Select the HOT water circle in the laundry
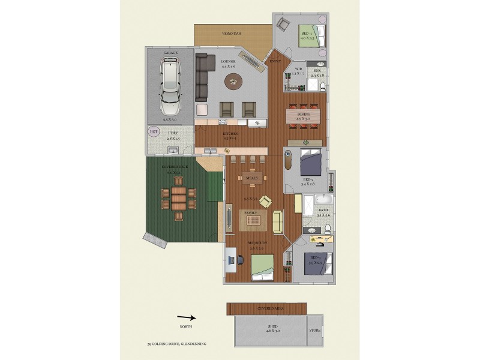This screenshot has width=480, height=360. pos(153,131)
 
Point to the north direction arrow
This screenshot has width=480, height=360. pos(187,318)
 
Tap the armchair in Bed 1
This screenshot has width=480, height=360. pos(283,25)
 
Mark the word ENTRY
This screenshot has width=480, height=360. pos(275,61)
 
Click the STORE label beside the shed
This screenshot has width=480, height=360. pos(314,330)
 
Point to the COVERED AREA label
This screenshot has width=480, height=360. pos(270,308)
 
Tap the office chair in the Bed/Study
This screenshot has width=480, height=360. pos(241,259)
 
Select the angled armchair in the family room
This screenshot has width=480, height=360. pos(265,202)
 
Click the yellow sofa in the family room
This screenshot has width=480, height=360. pos(278,221)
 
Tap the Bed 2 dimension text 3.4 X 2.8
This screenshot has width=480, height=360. pos(308,184)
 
